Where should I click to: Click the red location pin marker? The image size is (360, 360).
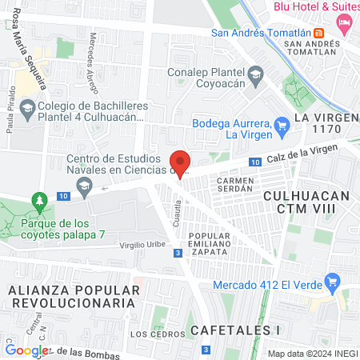(x=181, y=162)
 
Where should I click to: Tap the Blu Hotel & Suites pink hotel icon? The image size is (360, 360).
(x=346, y=22)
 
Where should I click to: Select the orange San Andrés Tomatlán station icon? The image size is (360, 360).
(x=318, y=34)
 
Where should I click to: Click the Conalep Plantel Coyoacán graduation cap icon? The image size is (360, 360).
(x=255, y=75)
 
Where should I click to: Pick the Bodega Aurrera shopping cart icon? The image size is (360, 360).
(x=281, y=125)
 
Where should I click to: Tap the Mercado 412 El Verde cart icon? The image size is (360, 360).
(x=334, y=282)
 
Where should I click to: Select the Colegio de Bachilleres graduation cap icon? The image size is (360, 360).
(x=28, y=107)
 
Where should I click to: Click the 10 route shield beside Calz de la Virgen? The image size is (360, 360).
(x=254, y=162)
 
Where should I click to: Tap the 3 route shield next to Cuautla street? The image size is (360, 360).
(x=176, y=253)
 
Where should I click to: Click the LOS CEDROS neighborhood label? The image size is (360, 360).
(x=151, y=334)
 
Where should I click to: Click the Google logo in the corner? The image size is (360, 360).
(x=26, y=350)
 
